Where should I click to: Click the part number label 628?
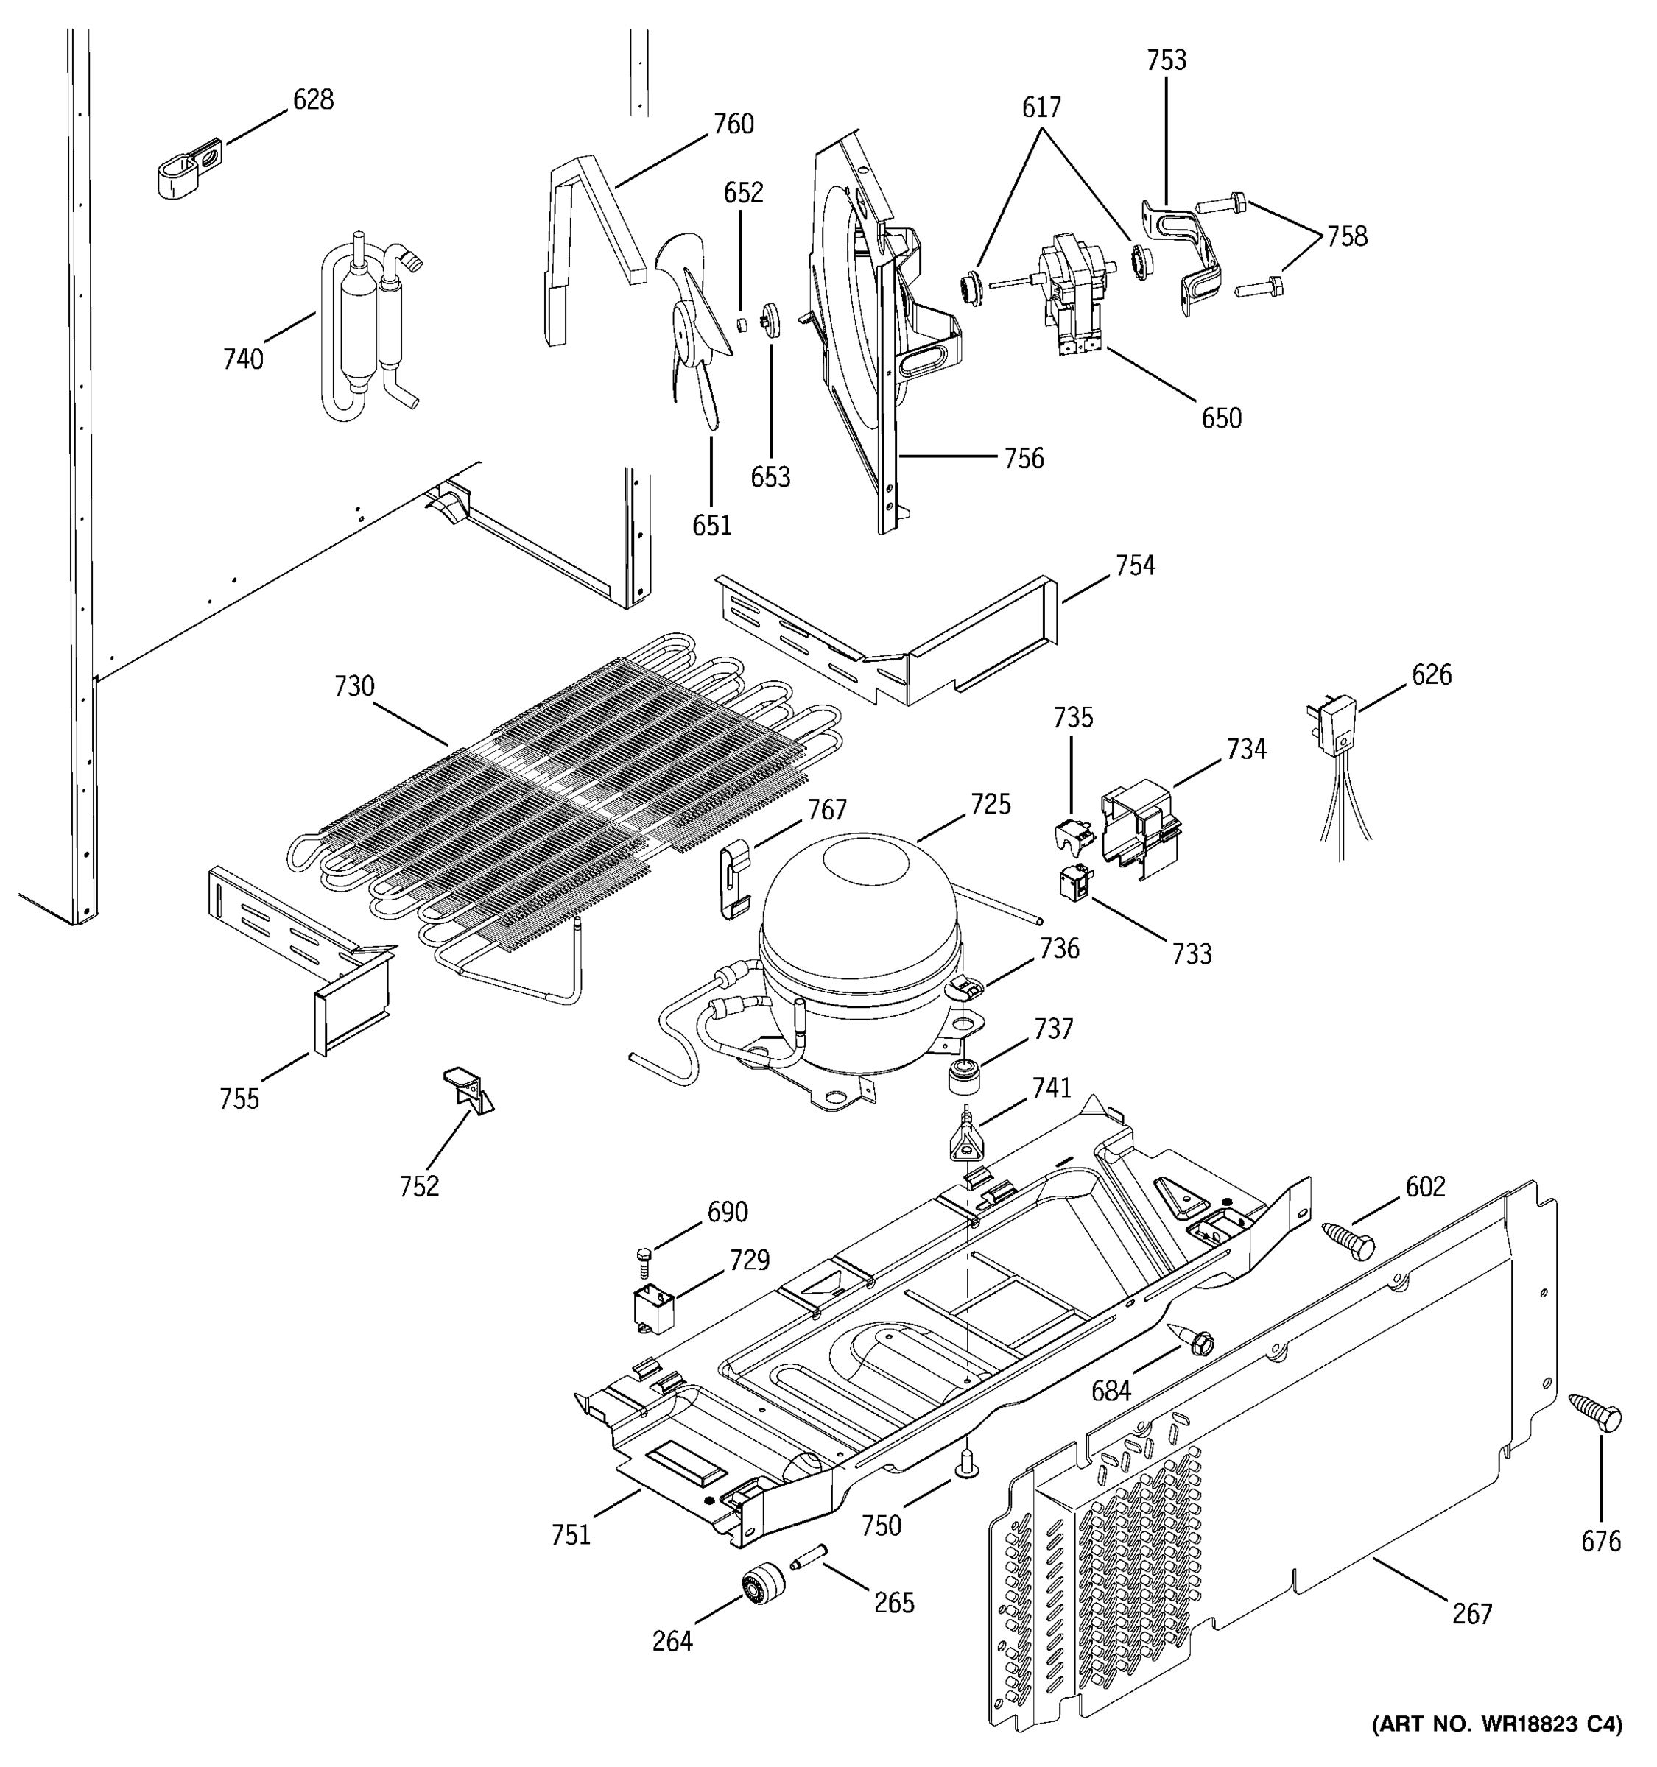(313, 99)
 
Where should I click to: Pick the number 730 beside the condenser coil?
(353, 686)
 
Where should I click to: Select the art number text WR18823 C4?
(1496, 1749)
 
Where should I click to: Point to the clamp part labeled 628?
(189, 166)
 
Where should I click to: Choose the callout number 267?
(1472, 1613)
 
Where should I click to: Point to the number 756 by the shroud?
(1023, 458)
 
